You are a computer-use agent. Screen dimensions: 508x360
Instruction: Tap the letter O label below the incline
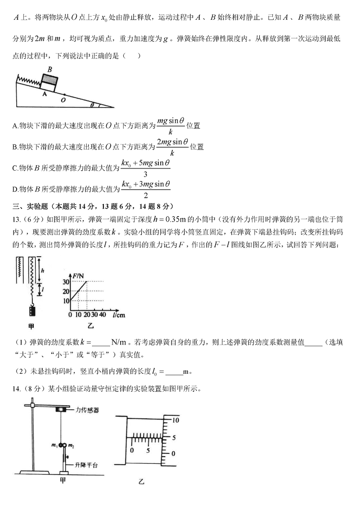click(63, 100)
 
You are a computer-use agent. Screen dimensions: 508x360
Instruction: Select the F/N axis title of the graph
click(82, 274)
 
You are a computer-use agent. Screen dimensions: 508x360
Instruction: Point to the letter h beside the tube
click(42, 272)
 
